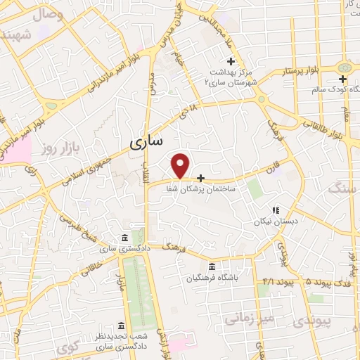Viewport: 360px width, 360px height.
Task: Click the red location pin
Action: tap(181, 165)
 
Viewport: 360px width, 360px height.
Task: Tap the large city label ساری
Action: tap(147, 143)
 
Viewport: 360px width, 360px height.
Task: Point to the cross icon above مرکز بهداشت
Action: tap(231, 62)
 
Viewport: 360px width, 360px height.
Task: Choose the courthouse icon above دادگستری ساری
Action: tap(124, 236)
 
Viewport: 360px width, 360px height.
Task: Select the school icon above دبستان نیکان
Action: tap(276, 210)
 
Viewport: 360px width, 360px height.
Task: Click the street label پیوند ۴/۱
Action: tap(276, 282)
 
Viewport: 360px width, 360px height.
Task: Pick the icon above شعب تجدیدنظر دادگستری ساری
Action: tap(122, 326)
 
